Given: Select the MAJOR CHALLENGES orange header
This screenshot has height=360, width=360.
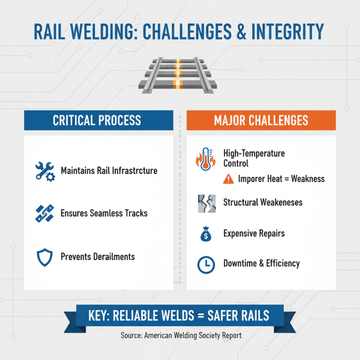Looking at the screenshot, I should click(x=261, y=121).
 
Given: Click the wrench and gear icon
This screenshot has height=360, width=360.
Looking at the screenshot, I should click(x=45, y=171).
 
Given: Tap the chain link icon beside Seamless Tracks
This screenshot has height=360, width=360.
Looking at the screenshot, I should click(x=45, y=213).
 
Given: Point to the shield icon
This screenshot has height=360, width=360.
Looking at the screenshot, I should click(x=44, y=257).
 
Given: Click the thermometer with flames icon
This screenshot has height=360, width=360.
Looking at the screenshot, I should click(x=205, y=159).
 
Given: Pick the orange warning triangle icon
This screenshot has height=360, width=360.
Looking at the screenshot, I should click(x=229, y=179).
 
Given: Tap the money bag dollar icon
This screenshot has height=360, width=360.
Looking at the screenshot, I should click(x=206, y=234).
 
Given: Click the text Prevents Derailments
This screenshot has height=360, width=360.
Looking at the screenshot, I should click(x=98, y=257).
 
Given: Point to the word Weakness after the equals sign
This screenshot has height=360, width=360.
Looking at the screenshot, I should click(x=308, y=179).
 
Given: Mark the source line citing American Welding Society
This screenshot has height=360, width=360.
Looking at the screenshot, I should click(x=180, y=335).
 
